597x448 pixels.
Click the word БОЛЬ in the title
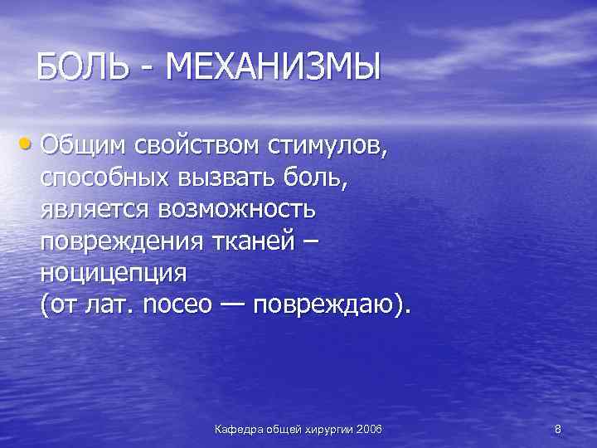pos(85,67)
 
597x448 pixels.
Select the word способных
pos(104,178)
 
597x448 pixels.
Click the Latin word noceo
pos(171,304)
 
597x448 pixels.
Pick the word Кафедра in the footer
pos(239,428)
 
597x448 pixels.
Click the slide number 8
pos(557,428)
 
